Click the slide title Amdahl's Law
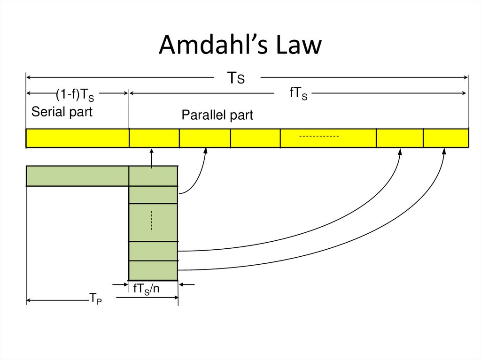point(240,46)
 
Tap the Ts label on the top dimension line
point(236,78)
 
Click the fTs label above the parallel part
point(298,94)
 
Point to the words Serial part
point(62,112)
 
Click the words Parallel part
point(217,115)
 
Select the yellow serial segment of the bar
point(78,138)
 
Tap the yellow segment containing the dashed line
point(328,138)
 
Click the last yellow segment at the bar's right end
point(446,138)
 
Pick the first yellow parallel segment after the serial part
point(154,138)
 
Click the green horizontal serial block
point(78,176)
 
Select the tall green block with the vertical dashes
point(153,222)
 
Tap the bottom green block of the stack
point(153,270)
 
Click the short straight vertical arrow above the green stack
point(151,158)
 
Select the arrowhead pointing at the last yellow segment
point(444,152)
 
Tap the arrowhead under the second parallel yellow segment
point(205,151)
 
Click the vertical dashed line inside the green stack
point(152,221)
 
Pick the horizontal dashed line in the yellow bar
point(319,136)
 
